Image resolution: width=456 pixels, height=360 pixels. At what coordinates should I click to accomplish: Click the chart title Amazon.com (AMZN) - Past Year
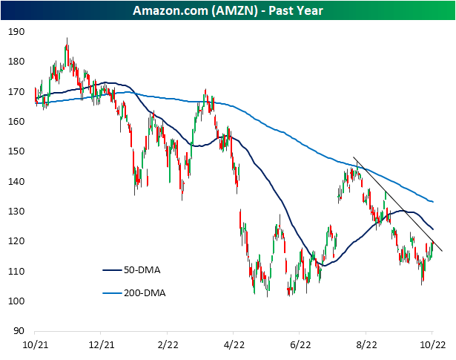tap(228, 11)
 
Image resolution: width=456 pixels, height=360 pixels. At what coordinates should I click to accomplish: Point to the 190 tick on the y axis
tap(16, 32)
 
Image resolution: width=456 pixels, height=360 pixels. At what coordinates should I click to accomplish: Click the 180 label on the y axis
tap(16, 62)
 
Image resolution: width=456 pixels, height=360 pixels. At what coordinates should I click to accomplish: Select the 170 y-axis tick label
tap(16, 92)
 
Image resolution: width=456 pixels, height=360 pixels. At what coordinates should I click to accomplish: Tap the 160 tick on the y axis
tap(16, 122)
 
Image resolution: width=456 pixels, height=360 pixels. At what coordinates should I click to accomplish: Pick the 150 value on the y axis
tap(16, 151)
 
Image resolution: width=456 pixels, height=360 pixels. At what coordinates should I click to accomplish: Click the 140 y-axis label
tap(16, 182)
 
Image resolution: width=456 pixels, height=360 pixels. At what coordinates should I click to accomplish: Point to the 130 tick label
tap(16, 212)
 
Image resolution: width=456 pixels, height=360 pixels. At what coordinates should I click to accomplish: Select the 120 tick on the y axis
tap(16, 241)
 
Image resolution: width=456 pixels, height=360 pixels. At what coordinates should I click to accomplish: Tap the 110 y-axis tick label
tap(16, 272)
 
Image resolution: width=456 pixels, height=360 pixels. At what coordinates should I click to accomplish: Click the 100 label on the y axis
tap(16, 301)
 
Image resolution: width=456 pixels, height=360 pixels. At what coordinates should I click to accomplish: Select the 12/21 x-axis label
tap(101, 344)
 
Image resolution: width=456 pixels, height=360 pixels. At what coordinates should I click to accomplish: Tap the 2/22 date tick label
tap(168, 344)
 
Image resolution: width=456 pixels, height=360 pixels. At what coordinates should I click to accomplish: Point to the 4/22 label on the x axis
tap(234, 344)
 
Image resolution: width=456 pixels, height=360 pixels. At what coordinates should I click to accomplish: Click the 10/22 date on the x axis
tap(432, 344)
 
